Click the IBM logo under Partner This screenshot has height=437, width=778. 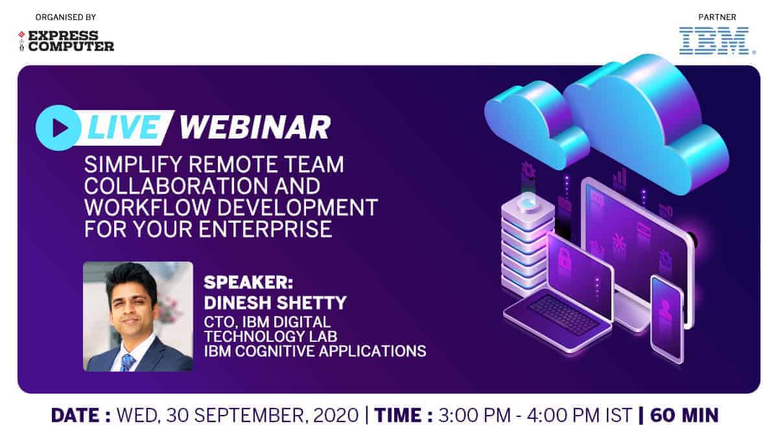click(717, 41)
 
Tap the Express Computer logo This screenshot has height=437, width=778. click(66, 41)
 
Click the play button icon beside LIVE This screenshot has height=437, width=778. click(58, 128)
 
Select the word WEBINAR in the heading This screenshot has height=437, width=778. click(255, 127)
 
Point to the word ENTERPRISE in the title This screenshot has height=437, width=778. click(266, 229)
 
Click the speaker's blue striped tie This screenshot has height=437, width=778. click(127, 363)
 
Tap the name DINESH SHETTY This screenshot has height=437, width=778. click(275, 303)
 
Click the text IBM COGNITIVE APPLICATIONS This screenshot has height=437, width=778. click(315, 351)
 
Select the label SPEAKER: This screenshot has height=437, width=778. click(249, 283)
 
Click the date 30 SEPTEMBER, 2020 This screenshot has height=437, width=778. click(262, 416)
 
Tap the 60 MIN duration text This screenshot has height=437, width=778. click(684, 416)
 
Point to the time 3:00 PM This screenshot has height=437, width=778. click(475, 416)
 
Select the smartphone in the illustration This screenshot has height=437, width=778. click(667, 319)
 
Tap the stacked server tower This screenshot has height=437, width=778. click(527, 246)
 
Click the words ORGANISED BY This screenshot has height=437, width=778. click(65, 17)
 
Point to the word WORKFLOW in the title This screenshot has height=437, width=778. click(148, 207)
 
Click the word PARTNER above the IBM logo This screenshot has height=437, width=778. click(717, 17)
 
